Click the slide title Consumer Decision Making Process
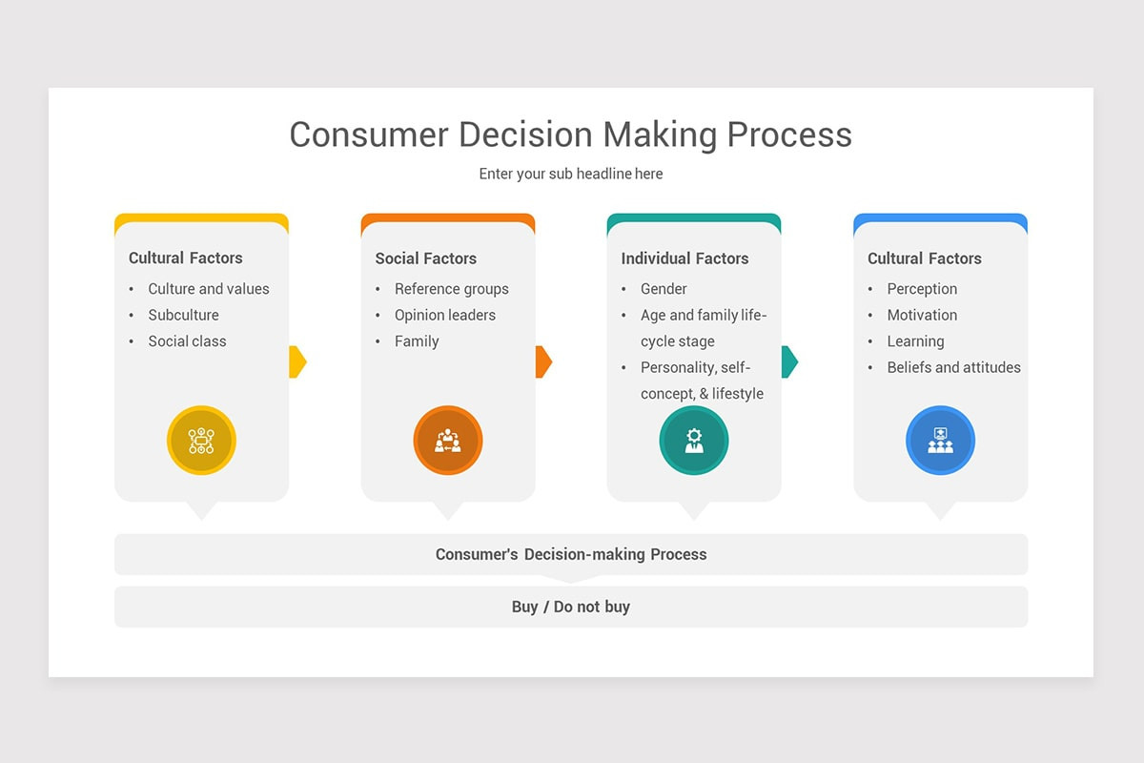pos(570,134)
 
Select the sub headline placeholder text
pos(570,174)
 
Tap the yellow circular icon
pos(201,441)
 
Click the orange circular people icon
pos(448,441)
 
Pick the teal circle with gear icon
pos(694,441)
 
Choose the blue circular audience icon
pos(940,441)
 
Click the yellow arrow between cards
pos(297,361)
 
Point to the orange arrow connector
pos(543,361)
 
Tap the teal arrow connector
pos(789,361)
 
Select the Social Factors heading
pos(425,258)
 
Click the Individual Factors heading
pos(684,258)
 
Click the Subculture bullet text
pos(183,315)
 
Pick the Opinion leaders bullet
pos(445,315)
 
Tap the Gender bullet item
pos(664,289)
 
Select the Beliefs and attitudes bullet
pos(953,367)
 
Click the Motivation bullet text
pos(922,315)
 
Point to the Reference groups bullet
pos(452,289)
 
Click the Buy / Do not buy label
pos(571,607)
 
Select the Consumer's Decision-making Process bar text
pos(571,554)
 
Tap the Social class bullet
pos(187,341)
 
